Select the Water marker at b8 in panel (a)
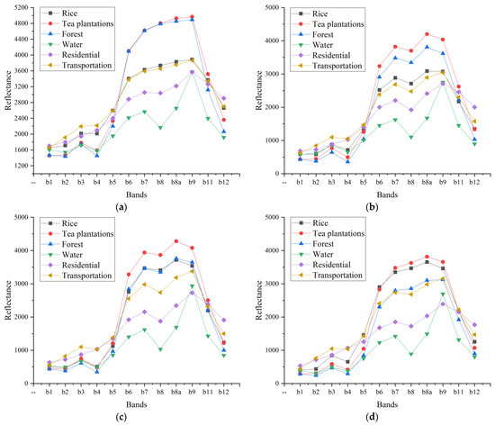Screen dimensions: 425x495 160,127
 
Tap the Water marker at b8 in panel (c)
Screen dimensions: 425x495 160,349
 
